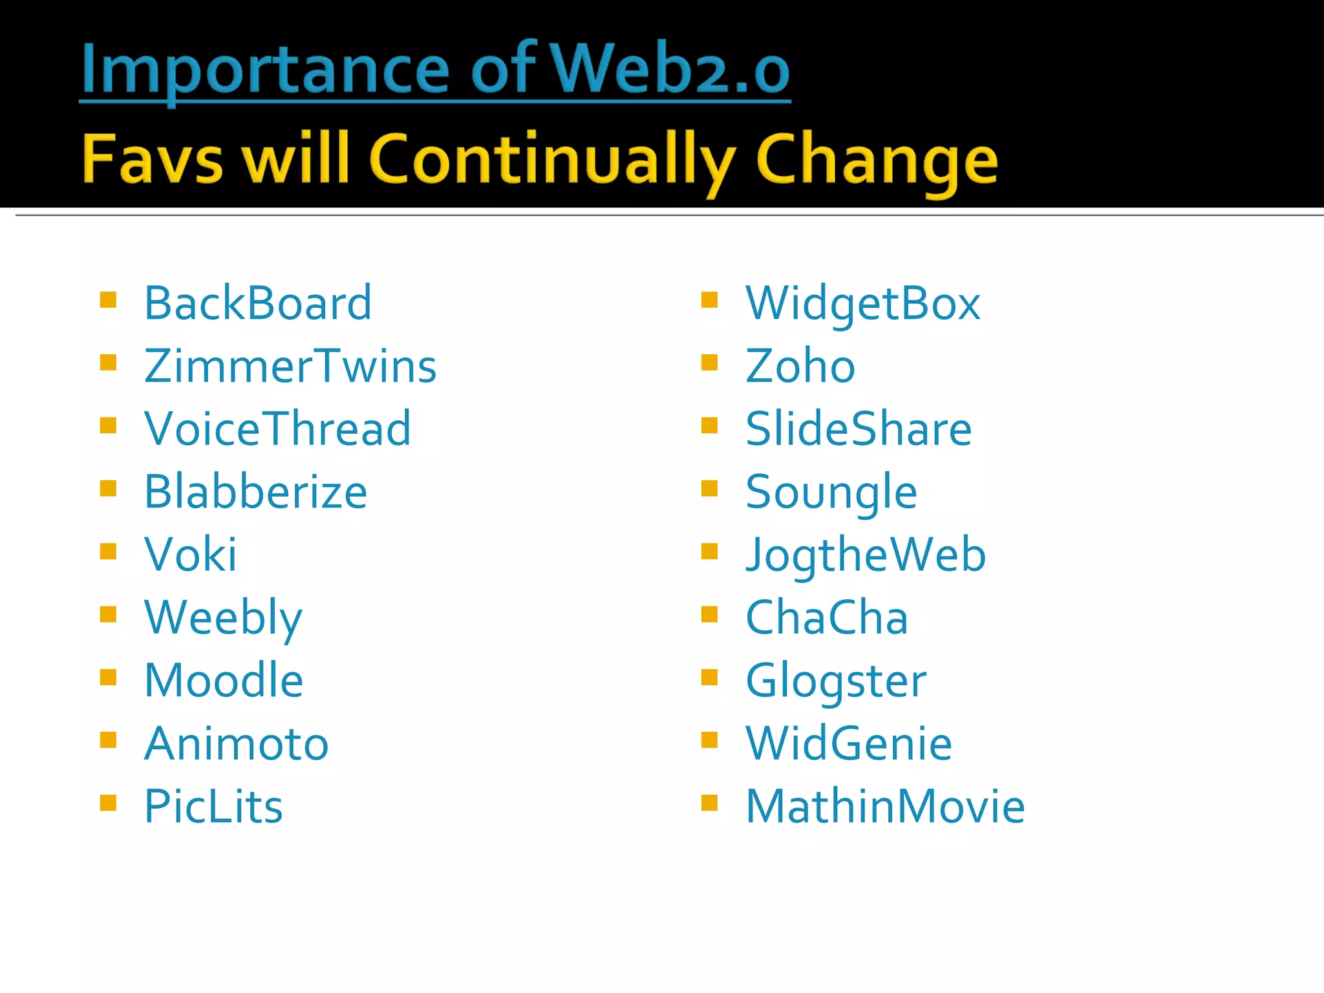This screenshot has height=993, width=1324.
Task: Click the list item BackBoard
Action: point(257,303)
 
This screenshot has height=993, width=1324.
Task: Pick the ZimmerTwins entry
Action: point(290,367)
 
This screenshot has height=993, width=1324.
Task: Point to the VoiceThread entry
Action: point(277,429)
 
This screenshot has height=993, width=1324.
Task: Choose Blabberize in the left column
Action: point(255,492)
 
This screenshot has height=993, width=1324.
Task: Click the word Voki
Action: point(191,555)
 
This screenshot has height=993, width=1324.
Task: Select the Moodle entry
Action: point(224,681)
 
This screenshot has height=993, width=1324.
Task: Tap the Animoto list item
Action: point(237,743)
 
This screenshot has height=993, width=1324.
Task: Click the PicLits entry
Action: point(213,807)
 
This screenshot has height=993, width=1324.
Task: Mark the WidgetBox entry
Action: point(862,303)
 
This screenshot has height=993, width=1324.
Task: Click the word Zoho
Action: point(800,367)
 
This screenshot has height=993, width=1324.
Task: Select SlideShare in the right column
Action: point(859,429)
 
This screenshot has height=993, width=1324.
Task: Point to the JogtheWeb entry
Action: point(866,555)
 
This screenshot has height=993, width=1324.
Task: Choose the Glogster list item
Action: point(836,681)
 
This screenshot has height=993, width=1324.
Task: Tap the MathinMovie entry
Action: point(885,807)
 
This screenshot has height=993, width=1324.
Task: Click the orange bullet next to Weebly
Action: point(108,614)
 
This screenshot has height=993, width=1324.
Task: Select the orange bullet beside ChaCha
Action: point(709,614)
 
